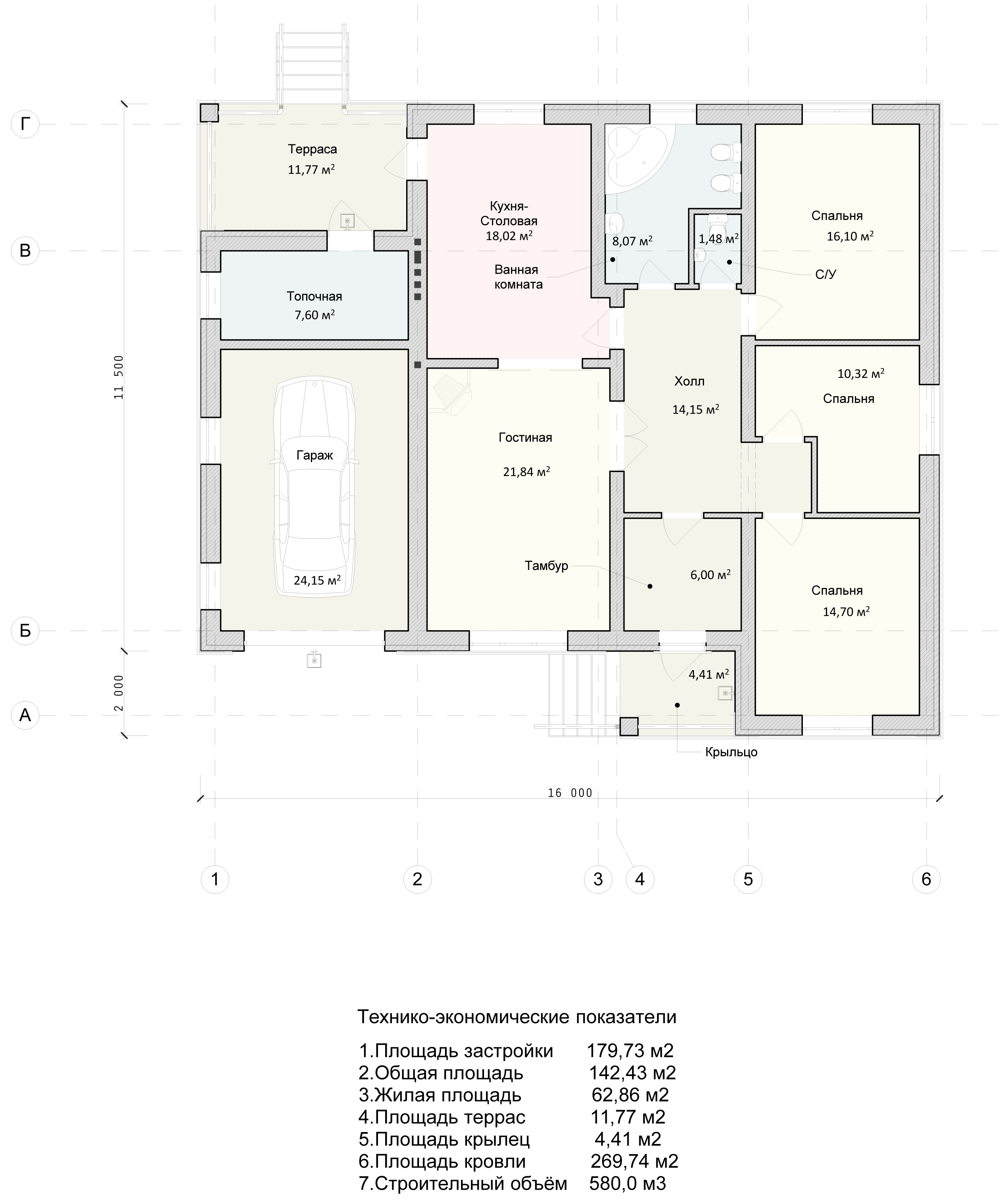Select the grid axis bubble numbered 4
coord(640,879)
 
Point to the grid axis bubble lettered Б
coord(25,631)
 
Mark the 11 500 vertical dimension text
coord(119,377)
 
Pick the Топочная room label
coord(314,296)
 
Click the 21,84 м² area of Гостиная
coord(527,471)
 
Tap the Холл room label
coord(689,381)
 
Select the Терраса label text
coord(312,149)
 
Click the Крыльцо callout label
coord(731,752)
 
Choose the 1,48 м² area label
coord(719,239)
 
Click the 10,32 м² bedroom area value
coord(861,374)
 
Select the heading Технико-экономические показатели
coord(517,1016)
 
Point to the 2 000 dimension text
coord(119,693)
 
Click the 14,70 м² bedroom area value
coord(846,612)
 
